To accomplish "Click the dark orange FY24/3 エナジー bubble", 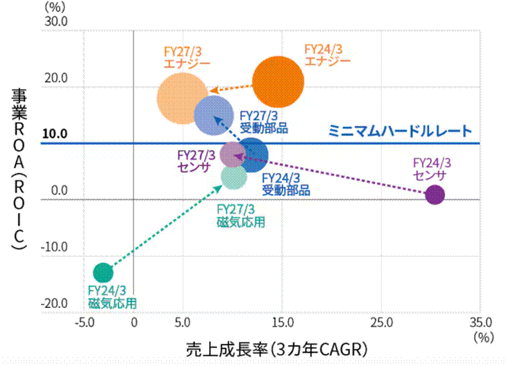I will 278,82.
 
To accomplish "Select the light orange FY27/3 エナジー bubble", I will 181,98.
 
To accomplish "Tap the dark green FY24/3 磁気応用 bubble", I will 102,272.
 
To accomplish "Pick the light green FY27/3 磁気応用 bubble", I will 234,176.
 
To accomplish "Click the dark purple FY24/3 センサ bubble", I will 435,195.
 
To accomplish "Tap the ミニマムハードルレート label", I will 398,131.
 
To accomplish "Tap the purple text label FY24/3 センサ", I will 431,169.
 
